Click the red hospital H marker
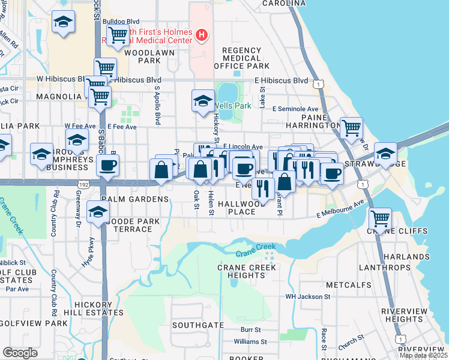[x=202, y=36]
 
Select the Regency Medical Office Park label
[x=246, y=58]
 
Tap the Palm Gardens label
[x=135, y=199]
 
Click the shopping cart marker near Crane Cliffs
[x=379, y=218]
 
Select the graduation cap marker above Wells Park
[x=203, y=100]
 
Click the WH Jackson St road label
[x=307, y=296]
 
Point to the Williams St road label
[x=250, y=341]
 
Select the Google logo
[x=20, y=353]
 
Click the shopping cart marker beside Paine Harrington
[x=351, y=128]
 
